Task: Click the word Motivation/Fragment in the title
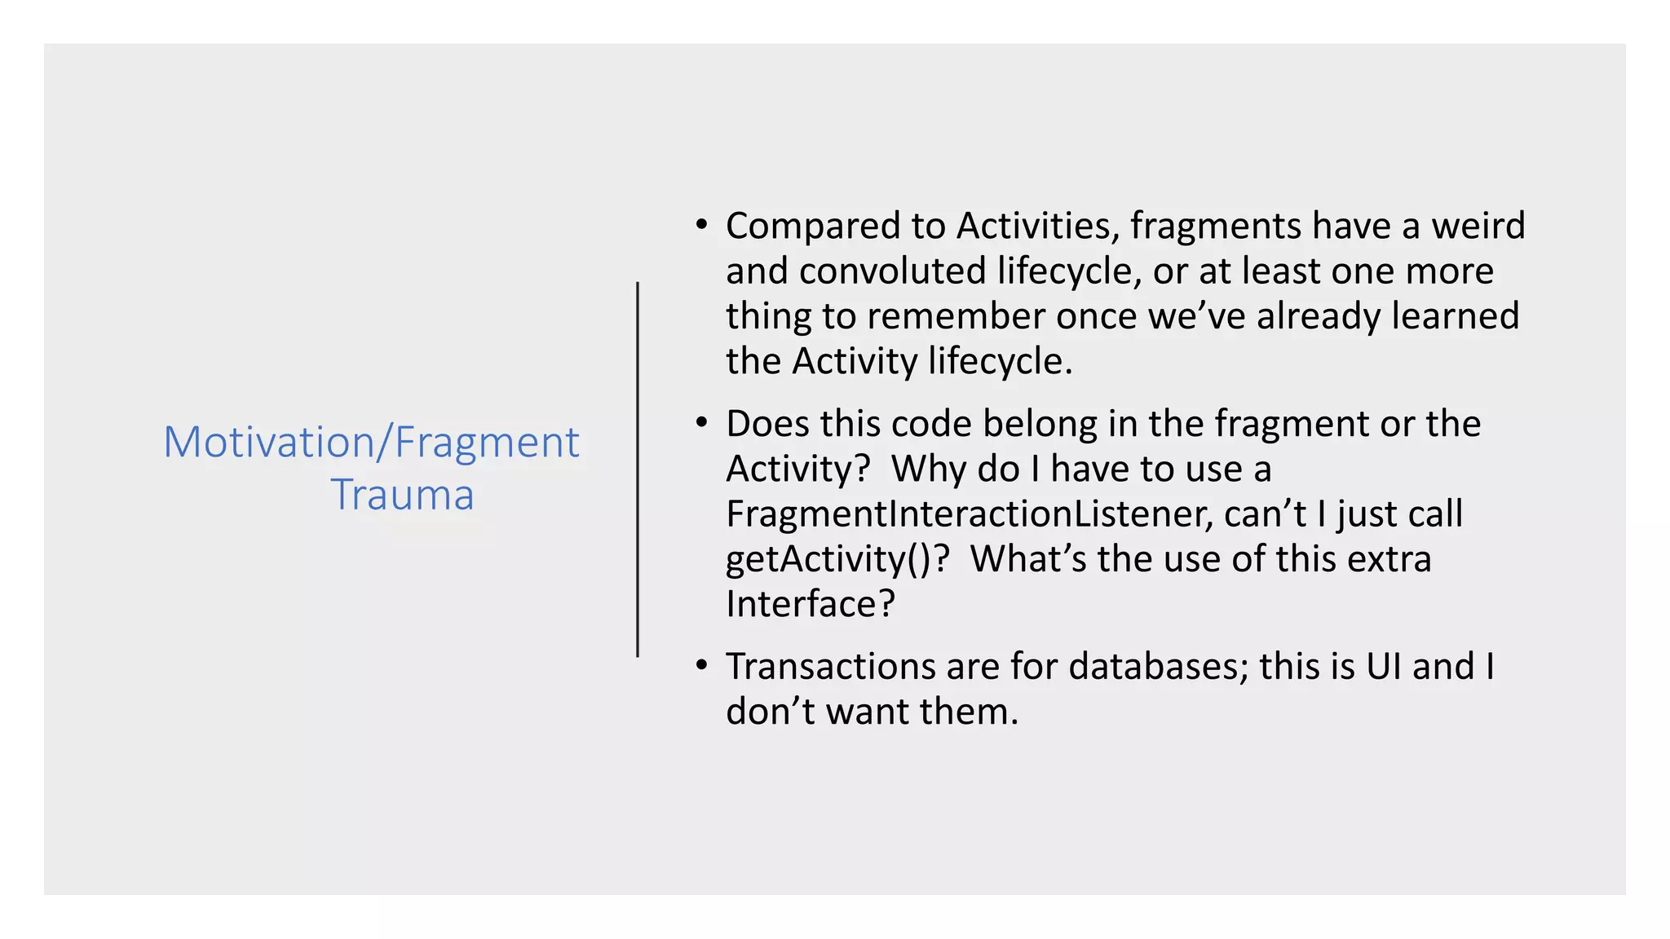(x=371, y=443)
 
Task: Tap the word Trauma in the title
(x=402, y=495)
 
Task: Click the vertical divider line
(x=638, y=469)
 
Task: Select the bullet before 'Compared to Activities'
(x=701, y=225)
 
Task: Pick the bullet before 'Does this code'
(x=701, y=423)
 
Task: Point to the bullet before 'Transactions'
(x=701, y=666)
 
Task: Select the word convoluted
(x=893, y=271)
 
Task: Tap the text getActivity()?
(x=837, y=560)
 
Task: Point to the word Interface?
(x=810, y=604)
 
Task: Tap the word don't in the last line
(x=770, y=712)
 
